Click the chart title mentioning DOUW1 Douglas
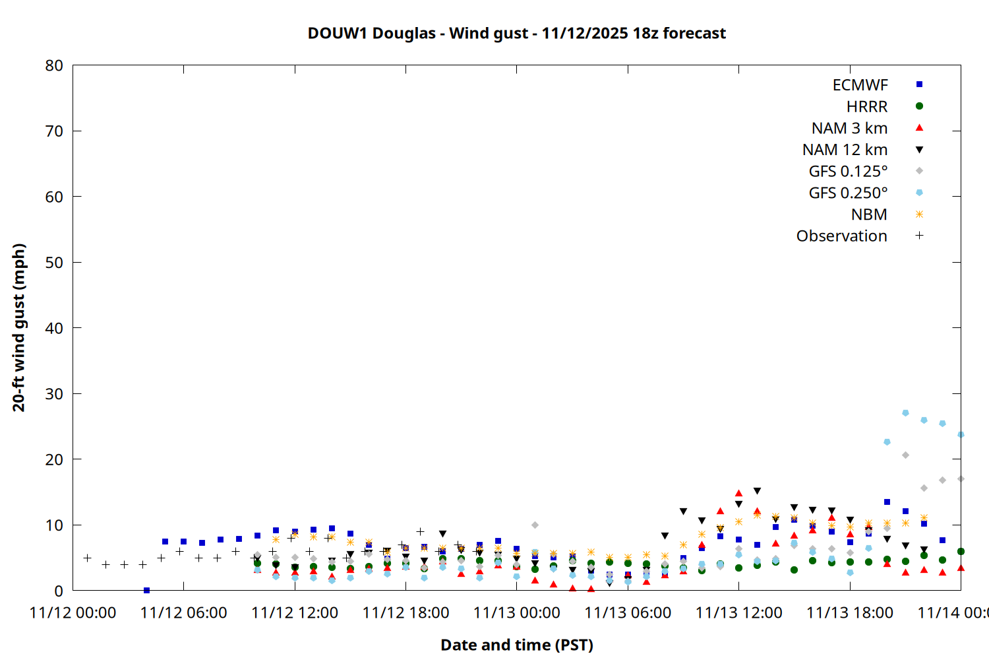pos(516,33)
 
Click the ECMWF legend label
pos(860,85)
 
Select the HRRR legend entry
pos(867,107)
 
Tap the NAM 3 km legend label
pos(849,128)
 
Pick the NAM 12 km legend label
pos(845,150)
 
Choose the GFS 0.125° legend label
pos(848,172)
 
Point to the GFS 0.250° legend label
pos(848,193)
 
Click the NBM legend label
pos(869,214)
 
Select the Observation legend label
pos(841,236)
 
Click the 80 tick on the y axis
pos(54,65)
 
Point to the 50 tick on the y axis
pos(54,263)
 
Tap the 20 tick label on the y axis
pos(54,459)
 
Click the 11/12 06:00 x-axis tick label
pos(183,613)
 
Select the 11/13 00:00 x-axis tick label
pos(516,613)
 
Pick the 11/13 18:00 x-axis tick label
pos(849,613)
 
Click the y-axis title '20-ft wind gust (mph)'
pos(18,327)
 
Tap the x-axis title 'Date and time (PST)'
pos(516,645)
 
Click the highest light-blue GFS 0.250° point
pos(905,413)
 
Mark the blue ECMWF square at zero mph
pos(146,590)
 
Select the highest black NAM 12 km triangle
pos(757,491)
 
